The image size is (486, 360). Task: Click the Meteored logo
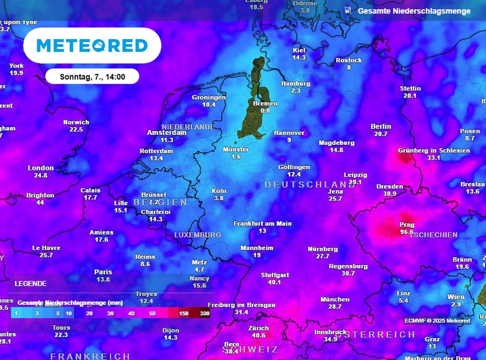[92, 46]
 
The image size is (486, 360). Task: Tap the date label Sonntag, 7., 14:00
[93, 76]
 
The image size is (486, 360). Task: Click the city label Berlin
[381, 126]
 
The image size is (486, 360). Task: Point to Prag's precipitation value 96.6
[407, 232]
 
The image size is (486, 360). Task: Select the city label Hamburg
[295, 84]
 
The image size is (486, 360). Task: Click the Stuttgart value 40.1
[275, 282]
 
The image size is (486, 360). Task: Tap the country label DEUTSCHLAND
[309, 184]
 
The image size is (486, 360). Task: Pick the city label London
[41, 168]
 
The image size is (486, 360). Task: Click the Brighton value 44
[40, 202]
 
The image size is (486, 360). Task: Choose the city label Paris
[103, 272]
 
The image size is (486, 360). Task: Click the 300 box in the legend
[205, 313]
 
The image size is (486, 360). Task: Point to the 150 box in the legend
[184, 313]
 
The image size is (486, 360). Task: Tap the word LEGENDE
[31, 284]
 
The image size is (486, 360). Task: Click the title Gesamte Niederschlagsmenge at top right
[414, 11]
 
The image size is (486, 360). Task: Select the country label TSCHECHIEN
[434, 235]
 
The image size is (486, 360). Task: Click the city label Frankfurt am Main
[262, 223]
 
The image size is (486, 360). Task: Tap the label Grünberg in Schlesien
[434, 151]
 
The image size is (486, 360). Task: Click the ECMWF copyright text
[437, 321]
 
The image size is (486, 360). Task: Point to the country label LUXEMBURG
[197, 235]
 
